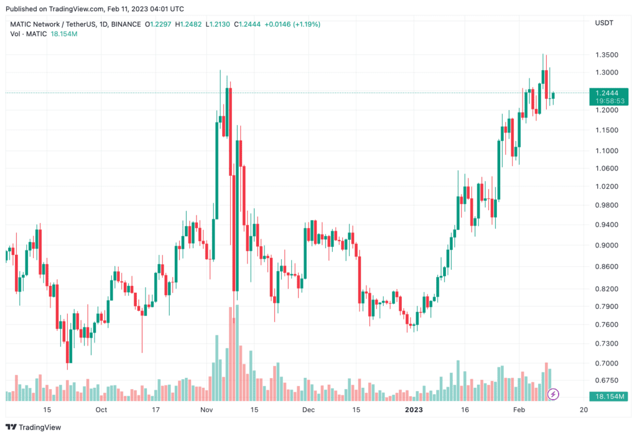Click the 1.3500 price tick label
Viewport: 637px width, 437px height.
(607, 55)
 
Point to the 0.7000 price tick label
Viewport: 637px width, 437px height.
(607, 363)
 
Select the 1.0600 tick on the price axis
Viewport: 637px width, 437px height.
(607, 168)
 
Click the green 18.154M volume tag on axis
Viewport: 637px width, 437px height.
(608, 396)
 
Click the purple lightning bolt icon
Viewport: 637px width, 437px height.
(553, 394)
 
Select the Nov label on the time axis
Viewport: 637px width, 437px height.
(207, 410)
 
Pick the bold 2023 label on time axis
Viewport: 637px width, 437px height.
(414, 410)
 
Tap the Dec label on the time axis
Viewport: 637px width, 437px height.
(309, 410)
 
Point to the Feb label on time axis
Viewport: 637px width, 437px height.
(519, 410)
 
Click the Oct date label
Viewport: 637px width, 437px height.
(101, 410)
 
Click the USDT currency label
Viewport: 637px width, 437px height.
(604, 23)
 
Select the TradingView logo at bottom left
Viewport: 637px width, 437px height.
(34, 427)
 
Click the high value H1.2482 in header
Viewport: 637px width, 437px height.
(188, 24)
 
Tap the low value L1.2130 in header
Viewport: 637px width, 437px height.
(218, 24)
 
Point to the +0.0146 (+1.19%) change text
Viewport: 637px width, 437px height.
(292, 24)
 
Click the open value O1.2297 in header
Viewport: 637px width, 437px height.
(158, 24)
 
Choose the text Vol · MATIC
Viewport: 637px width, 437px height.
(29, 34)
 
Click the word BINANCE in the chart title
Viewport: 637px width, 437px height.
(126, 24)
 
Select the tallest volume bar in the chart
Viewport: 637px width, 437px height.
(237, 353)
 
